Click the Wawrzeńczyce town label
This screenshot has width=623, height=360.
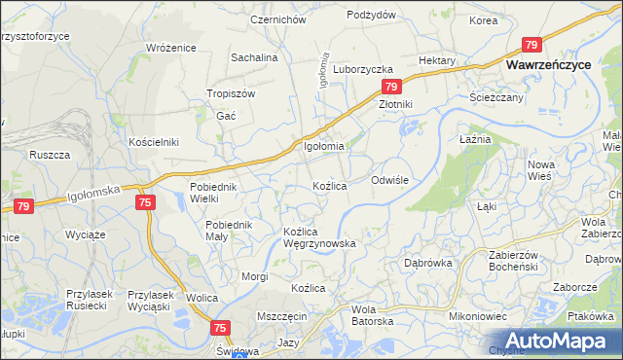tap(550, 63)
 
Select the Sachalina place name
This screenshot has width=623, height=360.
tap(254, 57)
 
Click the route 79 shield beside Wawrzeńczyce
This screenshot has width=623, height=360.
tap(531, 45)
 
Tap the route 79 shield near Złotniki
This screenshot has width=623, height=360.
tap(386, 87)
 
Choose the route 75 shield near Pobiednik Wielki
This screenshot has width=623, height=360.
tap(144, 201)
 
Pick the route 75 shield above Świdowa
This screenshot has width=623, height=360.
tap(220, 329)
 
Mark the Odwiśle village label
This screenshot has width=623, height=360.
tap(395, 180)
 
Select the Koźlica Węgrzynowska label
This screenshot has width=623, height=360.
tap(318, 237)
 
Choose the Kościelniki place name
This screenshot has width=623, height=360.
tap(154, 141)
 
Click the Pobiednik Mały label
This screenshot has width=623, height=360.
tap(230, 231)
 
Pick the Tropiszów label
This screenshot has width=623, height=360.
tap(231, 93)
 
